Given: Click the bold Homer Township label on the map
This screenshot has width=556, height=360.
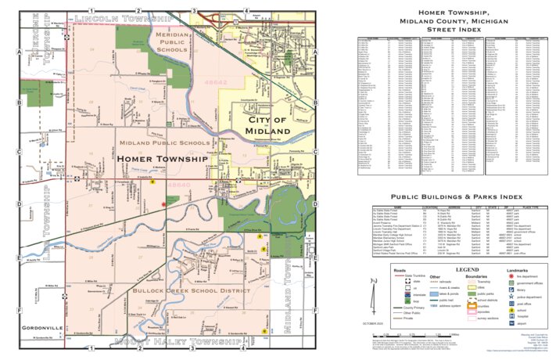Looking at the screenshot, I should click(x=163, y=159).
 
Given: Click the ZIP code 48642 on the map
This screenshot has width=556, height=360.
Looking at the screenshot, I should click(x=193, y=80).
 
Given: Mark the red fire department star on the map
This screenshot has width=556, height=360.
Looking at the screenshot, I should click(x=163, y=204).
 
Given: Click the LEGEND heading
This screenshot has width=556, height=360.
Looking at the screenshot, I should click(x=456, y=269).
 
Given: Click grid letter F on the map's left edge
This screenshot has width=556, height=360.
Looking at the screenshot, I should click(x=17, y=309).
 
